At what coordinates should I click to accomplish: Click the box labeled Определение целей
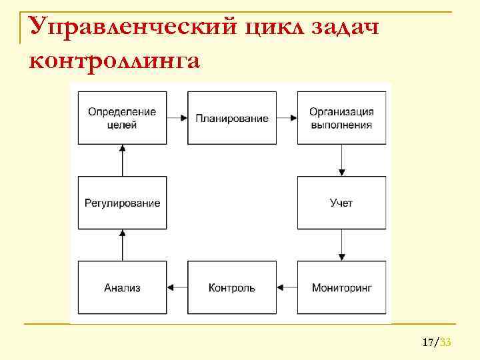(x=122, y=118)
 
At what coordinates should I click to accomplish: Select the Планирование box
(x=232, y=118)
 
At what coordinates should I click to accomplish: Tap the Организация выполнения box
(x=341, y=118)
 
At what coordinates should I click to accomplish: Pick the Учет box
(x=341, y=203)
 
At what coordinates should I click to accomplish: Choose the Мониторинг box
(x=341, y=288)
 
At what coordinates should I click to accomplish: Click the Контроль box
(x=232, y=288)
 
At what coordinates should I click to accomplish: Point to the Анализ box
(x=122, y=288)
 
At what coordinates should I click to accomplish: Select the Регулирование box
(x=122, y=203)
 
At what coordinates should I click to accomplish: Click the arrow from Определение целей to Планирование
(x=177, y=118)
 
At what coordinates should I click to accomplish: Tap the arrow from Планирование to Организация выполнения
(x=287, y=118)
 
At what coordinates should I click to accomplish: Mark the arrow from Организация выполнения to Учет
(x=341, y=160)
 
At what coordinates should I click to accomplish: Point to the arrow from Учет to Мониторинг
(x=341, y=245)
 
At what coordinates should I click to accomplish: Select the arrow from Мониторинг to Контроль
(x=287, y=288)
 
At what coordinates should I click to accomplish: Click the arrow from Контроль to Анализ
(x=177, y=288)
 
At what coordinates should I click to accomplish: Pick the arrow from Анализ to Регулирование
(x=122, y=245)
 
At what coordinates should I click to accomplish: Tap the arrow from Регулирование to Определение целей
(x=122, y=160)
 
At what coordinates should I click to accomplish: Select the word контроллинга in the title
(x=114, y=61)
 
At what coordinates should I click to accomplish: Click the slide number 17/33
(x=437, y=343)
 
